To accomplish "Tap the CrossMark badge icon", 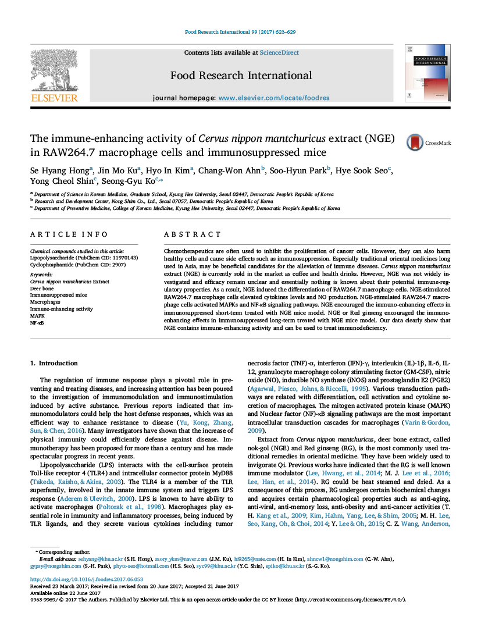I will (415, 143).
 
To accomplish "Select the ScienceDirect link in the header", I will (279, 52).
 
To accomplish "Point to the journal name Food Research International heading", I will (241, 76).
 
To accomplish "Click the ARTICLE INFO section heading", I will (69, 234).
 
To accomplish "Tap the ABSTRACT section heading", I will (193, 234).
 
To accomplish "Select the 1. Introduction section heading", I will (54, 363).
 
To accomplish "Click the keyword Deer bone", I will (42, 288).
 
